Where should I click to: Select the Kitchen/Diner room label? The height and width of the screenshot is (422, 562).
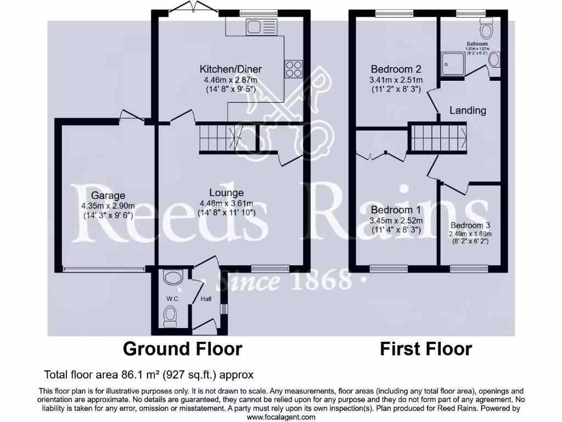231,69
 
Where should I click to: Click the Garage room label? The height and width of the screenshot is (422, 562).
108,195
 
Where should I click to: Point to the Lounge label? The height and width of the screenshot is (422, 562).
226,193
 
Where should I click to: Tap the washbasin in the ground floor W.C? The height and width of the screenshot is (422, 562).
172,278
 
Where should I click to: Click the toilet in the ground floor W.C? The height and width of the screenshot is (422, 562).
170,316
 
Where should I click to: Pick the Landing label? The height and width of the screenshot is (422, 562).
468,110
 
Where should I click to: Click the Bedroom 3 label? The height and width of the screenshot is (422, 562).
470,225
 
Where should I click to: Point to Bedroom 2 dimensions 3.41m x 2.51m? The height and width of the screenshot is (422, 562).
395,80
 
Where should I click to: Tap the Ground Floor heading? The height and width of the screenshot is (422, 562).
182,348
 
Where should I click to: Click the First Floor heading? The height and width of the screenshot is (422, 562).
426,348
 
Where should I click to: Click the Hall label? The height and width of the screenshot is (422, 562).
206,298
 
